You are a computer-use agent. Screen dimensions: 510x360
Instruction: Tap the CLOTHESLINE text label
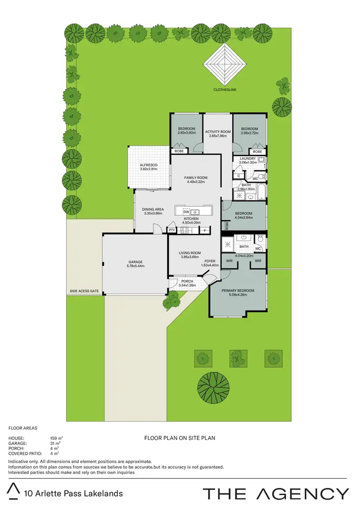click(225, 90)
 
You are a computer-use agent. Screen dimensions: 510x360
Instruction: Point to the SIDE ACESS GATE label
click(84, 291)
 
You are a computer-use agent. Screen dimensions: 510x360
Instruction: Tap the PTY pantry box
click(172, 231)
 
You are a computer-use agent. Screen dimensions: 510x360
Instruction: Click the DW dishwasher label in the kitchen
click(185, 212)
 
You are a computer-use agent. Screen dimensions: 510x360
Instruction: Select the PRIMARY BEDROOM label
click(238, 291)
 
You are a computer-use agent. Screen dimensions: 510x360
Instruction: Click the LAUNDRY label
click(248, 158)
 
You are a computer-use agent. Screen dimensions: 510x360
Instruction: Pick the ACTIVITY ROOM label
click(218, 131)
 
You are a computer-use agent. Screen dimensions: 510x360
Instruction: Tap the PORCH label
click(187, 281)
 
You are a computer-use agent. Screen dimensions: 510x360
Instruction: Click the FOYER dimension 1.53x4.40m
click(210, 266)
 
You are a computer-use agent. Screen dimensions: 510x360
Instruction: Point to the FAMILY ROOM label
click(195, 178)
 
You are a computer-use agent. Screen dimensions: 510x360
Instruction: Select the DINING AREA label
click(153, 209)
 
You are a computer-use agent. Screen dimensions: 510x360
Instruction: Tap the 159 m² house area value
click(57, 438)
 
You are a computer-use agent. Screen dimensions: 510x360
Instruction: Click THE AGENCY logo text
click(276, 493)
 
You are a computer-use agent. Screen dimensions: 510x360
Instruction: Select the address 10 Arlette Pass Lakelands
click(73, 493)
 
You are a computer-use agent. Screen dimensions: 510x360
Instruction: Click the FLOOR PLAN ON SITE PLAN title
click(180, 438)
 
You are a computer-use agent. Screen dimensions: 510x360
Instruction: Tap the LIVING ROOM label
click(190, 253)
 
